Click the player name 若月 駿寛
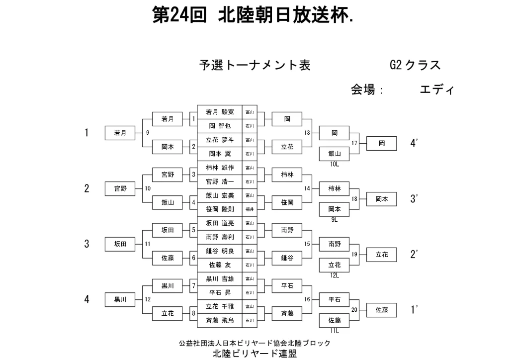(220, 112)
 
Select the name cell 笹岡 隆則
(220, 209)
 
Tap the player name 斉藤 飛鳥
(220, 320)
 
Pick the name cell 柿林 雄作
(220, 168)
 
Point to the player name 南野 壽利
(220, 237)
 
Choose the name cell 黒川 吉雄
(220, 279)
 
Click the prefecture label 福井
(250, 210)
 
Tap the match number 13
(307, 133)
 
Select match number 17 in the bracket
(355, 144)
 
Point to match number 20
(355, 310)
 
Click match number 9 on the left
(148, 133)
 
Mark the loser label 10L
(334, 163)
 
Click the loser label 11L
(334, 330)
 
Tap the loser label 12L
(334, 274)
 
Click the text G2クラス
(416, 65)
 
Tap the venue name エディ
(437, 90)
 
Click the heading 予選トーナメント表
(255, 65)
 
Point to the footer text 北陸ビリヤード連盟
(254, 354)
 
